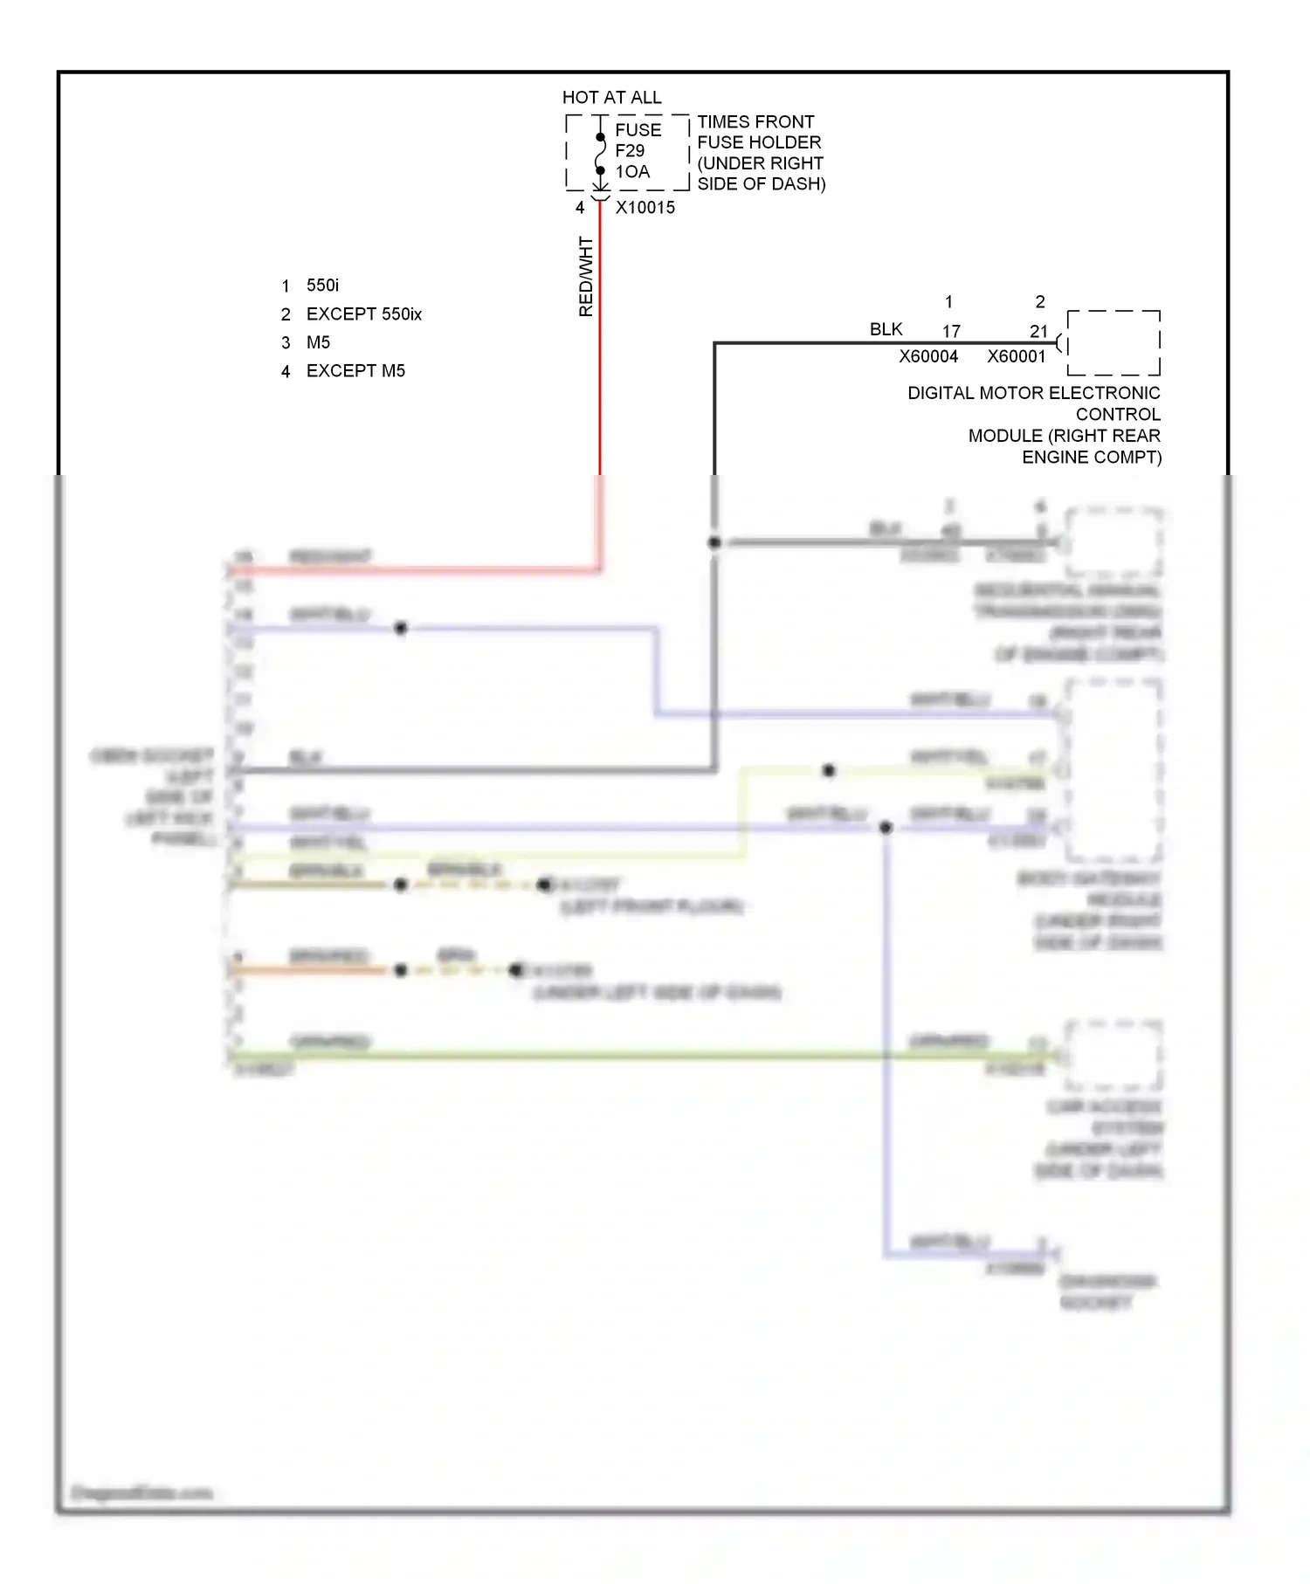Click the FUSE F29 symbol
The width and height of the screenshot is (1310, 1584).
(x=601, y=154)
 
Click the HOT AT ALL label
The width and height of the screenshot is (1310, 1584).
(x=611, y=97)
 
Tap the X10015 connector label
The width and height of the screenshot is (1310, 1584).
(x=645, y=208)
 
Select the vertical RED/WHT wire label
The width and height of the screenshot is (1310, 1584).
(x=586, y=276)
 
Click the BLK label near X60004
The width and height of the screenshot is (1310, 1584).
(x=886, y=329)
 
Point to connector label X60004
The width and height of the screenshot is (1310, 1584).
(x=928, y=356)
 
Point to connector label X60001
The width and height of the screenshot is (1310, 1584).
(x=1017, y=356)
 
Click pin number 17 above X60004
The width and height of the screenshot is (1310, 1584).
(x=951, y=332)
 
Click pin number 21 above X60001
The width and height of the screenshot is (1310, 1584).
(x=1038, y=332)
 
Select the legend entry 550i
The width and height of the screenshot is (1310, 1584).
(x=322, y=286)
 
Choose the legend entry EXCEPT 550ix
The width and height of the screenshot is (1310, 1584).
(x=363, y=314)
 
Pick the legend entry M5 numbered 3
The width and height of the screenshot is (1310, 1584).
(x=318, y=342)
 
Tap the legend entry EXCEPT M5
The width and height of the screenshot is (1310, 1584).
(x=355, y=371)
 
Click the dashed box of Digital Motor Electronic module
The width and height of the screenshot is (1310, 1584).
(x=1113, y=342)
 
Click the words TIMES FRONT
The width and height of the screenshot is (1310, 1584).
(x=755, y=121)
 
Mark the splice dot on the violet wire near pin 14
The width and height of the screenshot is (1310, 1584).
(x=401, y=628)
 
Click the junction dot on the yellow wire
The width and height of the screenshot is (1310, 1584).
(x=829, y=770)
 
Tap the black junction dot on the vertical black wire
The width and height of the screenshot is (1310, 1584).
(x=714, y=542)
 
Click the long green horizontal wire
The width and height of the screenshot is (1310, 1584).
(x=611, y=1056)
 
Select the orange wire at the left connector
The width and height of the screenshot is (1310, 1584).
(x=306, y=970)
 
